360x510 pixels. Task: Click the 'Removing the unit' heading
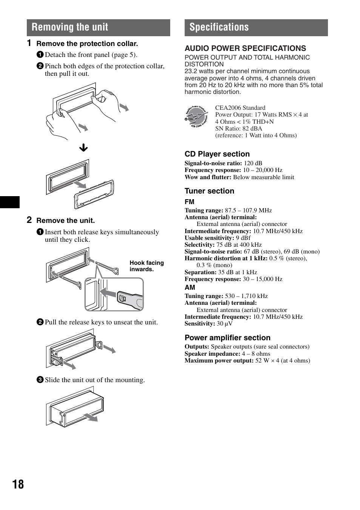click(x=70, y=27)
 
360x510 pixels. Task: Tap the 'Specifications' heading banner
click(x=219, y=27)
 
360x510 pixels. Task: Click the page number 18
click(x=18, y=484)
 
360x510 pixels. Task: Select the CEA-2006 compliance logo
click(x=196, y=117)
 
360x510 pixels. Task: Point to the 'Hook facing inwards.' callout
click(x=146, y=266)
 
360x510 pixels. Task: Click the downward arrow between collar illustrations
click(x=83, y=148)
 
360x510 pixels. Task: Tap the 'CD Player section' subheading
click(x=217, y=154)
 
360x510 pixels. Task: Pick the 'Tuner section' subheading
click(x=209, y=191)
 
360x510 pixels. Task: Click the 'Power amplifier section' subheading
click(x=227, y=338)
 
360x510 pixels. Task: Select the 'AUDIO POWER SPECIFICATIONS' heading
click(x=245, y=48)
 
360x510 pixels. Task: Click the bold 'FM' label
click(x=189, y=202)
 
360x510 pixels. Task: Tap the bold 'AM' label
click(x=190, y=287)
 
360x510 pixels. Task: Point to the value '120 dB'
click(x=253, y=163)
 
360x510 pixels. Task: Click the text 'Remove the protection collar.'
click(x=87, y=44)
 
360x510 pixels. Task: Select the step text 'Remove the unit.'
click(x=65, y=221)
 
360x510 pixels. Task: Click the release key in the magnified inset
click(x=129, y=299)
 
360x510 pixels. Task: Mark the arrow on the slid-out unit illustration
click(x=91, y=417)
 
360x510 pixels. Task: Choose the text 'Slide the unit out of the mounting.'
click(x=95, y=380)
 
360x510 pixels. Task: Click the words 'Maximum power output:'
click(x=219, y=361)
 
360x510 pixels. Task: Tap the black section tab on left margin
click(x=9, y=202)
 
